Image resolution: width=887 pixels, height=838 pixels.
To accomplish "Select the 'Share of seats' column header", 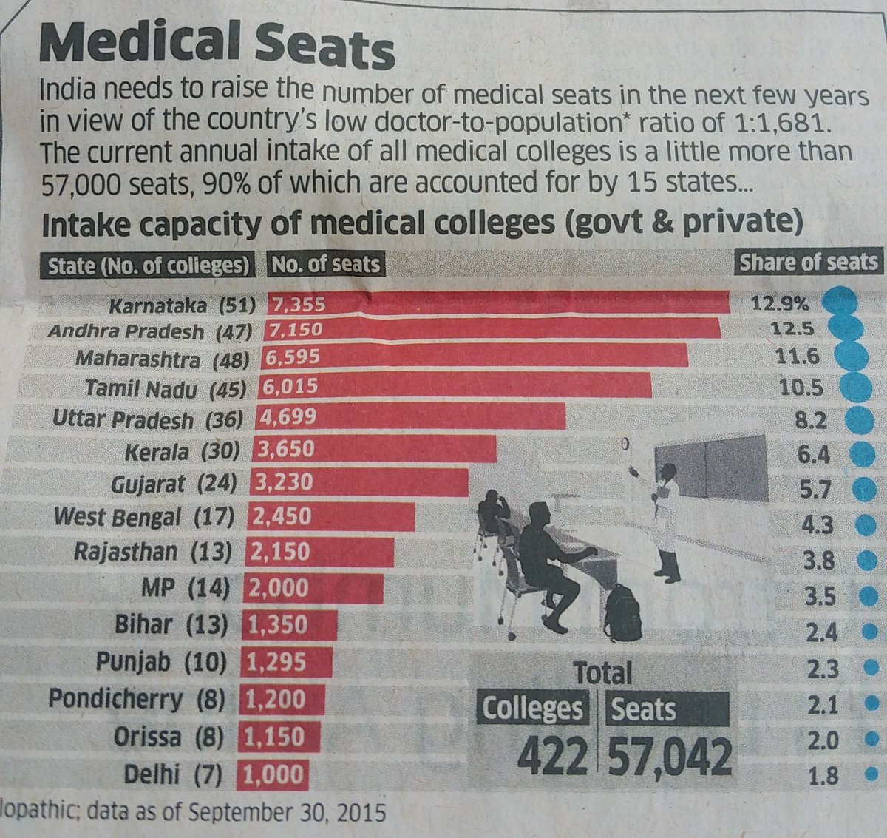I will point(809,263).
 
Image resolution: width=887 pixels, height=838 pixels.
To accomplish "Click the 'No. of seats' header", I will point(325,265).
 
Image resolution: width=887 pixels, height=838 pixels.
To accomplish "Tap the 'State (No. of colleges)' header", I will point(149,266).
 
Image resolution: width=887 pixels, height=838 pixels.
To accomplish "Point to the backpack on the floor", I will point(622,613).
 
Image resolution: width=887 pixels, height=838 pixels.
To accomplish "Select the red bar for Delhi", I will point(271,774).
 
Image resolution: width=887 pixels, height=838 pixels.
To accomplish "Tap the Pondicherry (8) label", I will point(136,699).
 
